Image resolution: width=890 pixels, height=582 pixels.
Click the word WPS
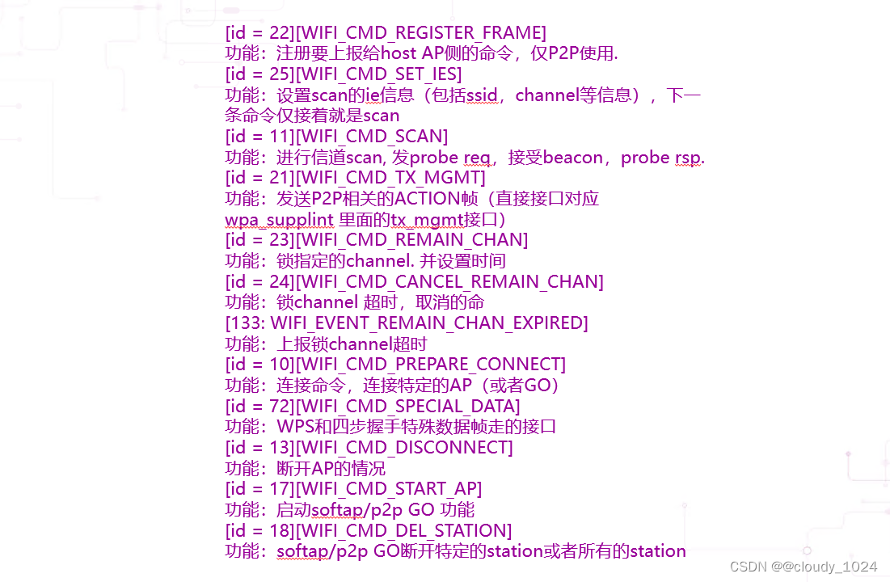pyautogui.click(x=297, y=426)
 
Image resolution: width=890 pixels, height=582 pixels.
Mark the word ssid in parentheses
pyautogui.click(x=479, y=95)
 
